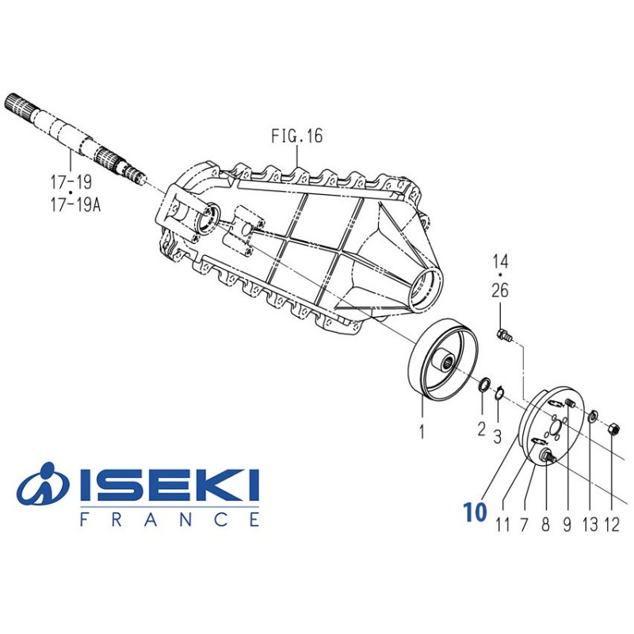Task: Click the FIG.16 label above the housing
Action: (296, 136)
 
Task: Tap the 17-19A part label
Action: (75, 205)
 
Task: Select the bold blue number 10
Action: (475, 512)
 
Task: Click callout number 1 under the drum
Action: (422, 432)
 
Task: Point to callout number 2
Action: (481, 429)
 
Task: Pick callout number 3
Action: (498, 437)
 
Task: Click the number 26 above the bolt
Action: (500, 291)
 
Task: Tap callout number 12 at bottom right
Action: (611, 525)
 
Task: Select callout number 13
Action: (590, 525)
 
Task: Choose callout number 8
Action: (545, 525)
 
